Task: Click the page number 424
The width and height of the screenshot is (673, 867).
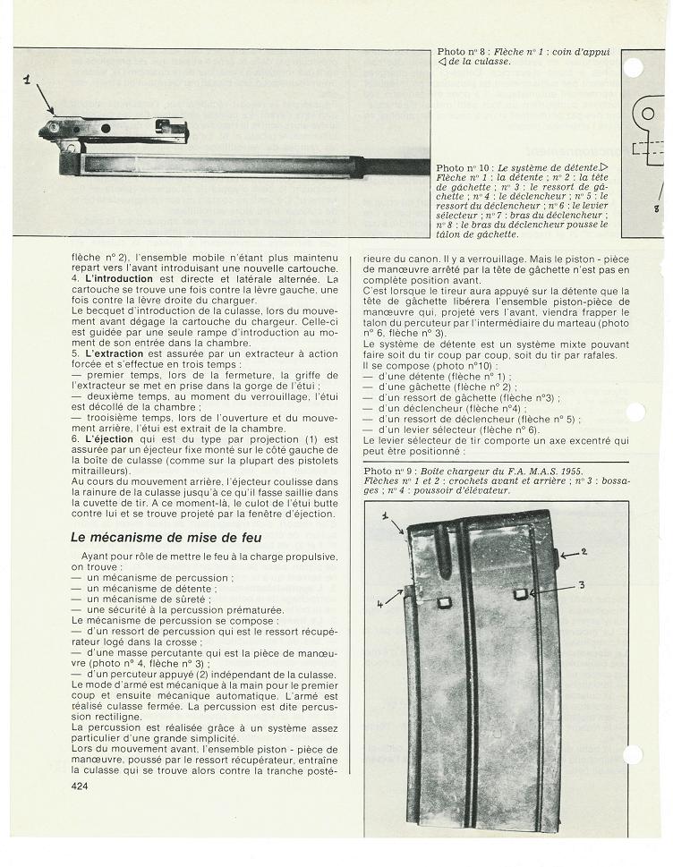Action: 81,786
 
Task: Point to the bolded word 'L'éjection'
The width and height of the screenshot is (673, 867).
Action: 105,439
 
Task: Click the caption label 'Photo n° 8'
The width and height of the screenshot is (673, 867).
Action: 460,52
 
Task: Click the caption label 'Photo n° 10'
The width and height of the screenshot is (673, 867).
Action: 463,168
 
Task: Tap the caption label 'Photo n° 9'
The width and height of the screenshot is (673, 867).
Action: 388,471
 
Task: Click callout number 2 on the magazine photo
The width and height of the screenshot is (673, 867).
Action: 583,553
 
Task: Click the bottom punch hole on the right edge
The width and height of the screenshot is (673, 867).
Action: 634,753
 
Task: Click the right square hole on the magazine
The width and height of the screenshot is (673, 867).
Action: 519,594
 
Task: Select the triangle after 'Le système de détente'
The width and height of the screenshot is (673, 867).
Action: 604,168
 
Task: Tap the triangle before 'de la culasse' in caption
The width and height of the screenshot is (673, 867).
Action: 441,62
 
